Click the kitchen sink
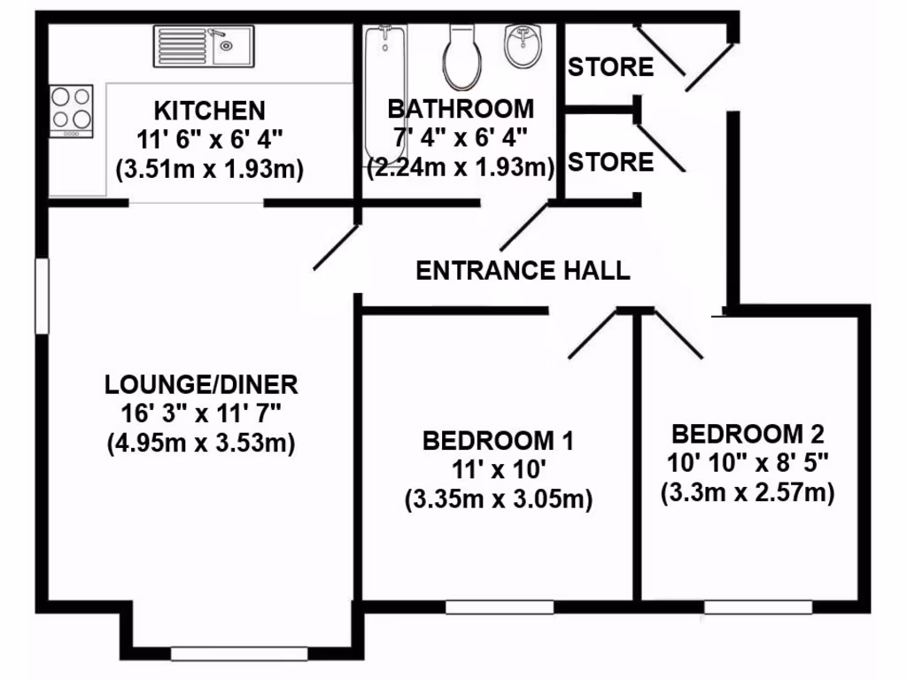pyautogui.click(x=203, y=45)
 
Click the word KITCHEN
pyautogui.click(x=209, y=112)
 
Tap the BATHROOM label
pyautogui.click(x=461, y=110)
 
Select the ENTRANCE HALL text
pyautogui.click(x=523, y=270)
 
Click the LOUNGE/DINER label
pyautogui.click(x=202, y=385)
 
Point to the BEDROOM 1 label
pyautogui.click(x=498, y=440)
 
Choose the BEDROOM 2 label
pyautogui.click(x=748, y=435)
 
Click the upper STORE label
pyautogui.click(x=610, y=67)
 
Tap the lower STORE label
pyautogui.click(x=610, y=162)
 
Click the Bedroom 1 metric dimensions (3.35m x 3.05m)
pyautogui.click(x=498, y=499)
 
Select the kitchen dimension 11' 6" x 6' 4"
pyautogui.click(x=209, y=140)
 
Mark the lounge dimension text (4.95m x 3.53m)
pyautogui.click(x=202, y=441)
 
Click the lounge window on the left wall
pyautogui.click(x=41, y=296)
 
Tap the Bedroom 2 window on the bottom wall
pyautogui.click(x=758, y=607)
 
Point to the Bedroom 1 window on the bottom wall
pyautogui.click(x=500, y=607)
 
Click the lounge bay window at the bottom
pyautogui.click(x=239, y=654)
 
